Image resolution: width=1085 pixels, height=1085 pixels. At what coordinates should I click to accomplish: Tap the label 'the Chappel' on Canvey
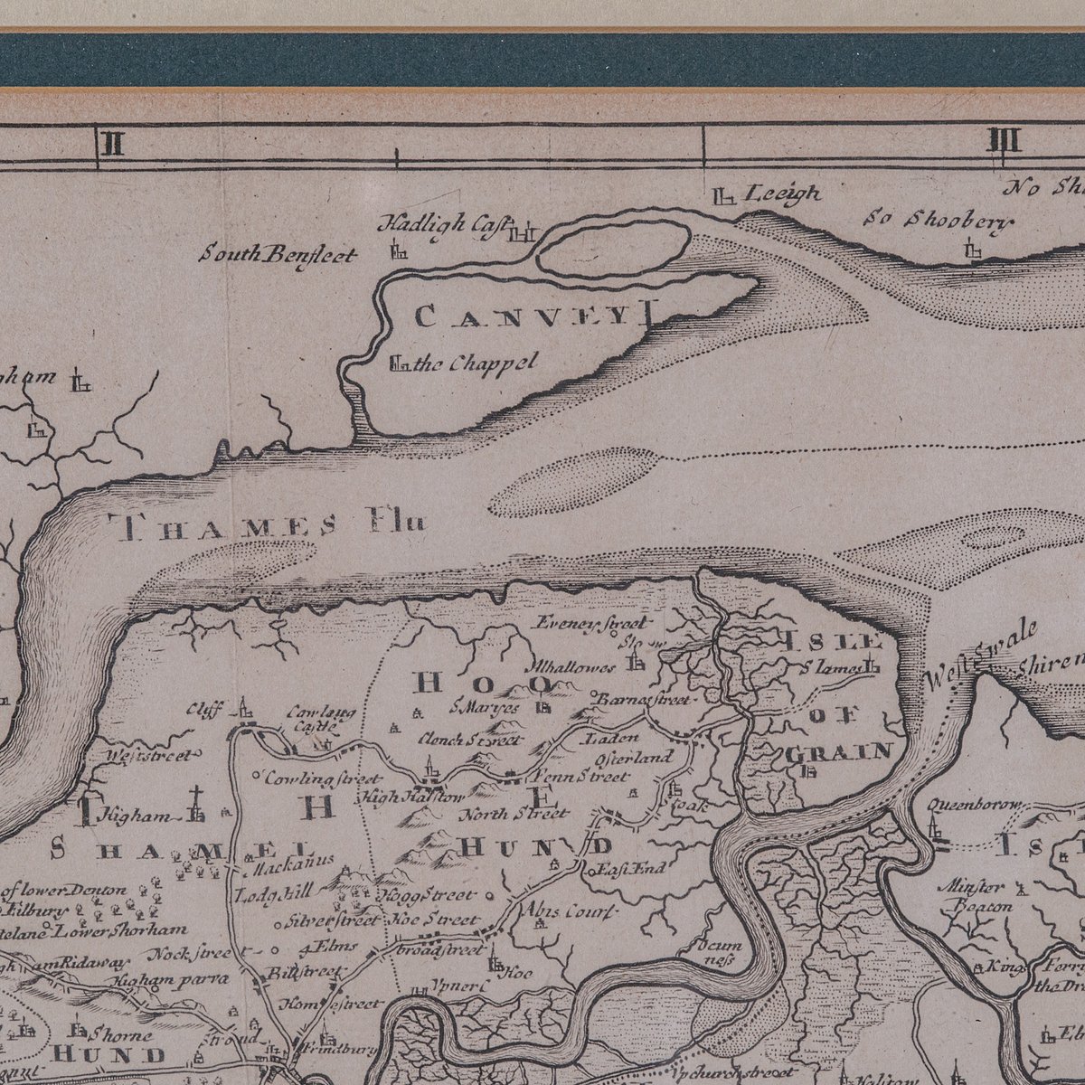click(478, 363)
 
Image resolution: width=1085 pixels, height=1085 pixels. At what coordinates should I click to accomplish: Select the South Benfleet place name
click(278, 255)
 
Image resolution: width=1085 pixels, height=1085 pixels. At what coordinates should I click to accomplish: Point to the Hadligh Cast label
click(443, 223)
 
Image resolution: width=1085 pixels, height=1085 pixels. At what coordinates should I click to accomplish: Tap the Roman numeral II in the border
click(113, 142)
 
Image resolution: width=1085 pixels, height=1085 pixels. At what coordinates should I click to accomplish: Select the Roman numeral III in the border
click(1004, 142)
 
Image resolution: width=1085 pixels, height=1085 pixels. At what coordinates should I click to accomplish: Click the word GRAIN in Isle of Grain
click(839, 750)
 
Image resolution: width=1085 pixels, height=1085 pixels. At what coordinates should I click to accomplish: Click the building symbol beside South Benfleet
click(399, 250)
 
